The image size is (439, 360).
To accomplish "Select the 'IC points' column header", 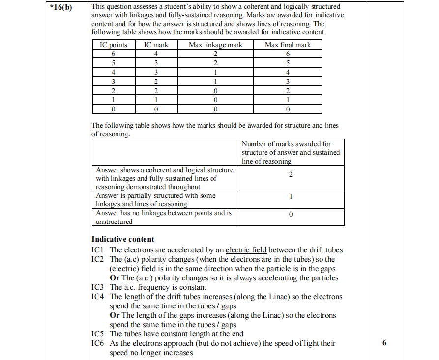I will pos(114,45).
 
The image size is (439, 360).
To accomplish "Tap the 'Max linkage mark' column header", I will pos(215,45).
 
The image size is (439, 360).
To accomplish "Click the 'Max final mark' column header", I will pos(288,45).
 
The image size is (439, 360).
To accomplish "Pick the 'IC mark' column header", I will pos(156,45).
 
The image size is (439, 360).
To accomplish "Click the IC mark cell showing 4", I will pos(156,54).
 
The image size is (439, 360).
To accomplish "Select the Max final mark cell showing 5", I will pos(288,63).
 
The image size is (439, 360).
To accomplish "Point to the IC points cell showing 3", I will pos(114,82).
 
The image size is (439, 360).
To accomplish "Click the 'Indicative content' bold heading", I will pos(123,239).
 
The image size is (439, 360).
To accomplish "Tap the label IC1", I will pos(98,250).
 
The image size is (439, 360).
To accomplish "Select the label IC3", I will pos(98,287).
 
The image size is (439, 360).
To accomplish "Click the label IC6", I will pos(98,343).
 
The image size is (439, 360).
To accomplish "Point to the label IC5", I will pos(98,334).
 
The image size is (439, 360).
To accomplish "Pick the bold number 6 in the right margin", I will pos(384,343).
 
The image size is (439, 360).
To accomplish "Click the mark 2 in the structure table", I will pos(291,175).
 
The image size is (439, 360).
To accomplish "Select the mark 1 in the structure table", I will pos(291,196).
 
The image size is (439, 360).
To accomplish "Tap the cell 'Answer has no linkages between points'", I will pos(163,213).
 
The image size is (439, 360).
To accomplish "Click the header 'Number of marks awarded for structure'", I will pos(291,152).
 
